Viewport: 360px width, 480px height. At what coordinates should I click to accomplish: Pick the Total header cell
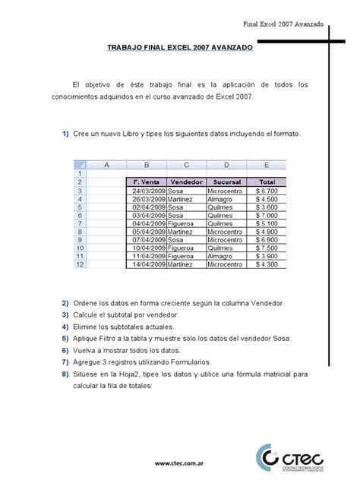[x=266, y=182]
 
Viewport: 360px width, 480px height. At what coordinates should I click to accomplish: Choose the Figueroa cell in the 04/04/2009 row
[x=185, y=223]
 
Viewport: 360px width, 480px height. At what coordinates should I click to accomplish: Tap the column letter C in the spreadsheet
[x=186, y=165]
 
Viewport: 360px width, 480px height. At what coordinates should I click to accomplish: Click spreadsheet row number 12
[x=80, y=264]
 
